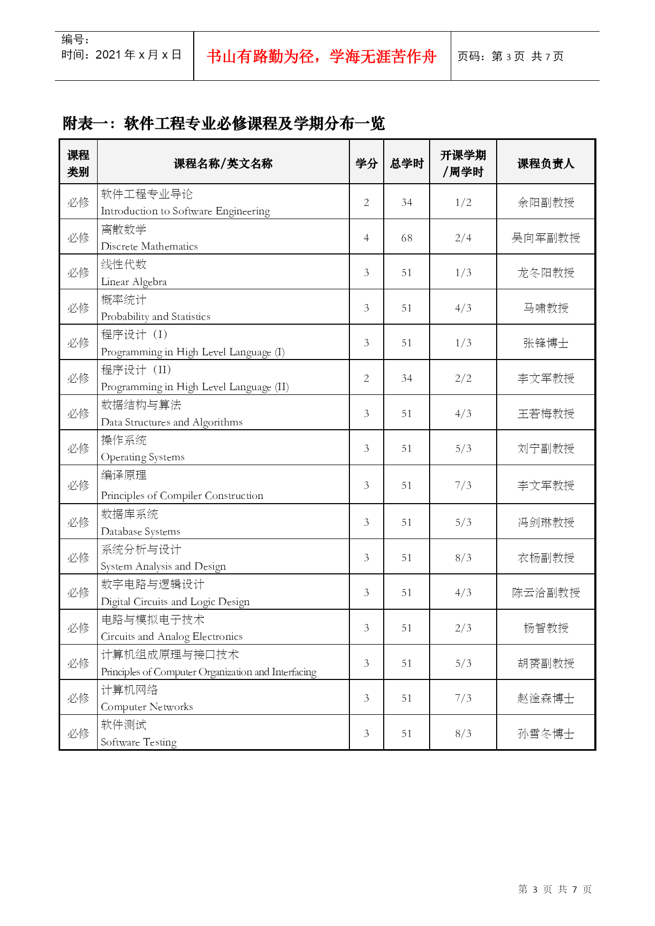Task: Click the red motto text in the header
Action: tap(321, 56)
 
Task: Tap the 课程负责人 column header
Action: tap(545, 164)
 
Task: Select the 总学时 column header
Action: tap(406, 164)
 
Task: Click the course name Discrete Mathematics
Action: tap(149, 246)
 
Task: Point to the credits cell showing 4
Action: tap(366, 238)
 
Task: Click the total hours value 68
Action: tap(406, 238)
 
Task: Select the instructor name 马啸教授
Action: tap(545, 308)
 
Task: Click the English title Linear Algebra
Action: tap(134, 281)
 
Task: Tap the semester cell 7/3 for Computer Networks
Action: tap(463, 698)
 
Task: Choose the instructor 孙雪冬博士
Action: tap(545, 733)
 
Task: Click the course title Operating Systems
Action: tap(143, 457)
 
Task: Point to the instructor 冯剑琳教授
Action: tap(545, 522)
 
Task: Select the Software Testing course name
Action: tap(139, 742)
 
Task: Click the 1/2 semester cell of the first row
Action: tap(463, 202)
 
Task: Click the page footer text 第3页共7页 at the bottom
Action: tap(555, 889)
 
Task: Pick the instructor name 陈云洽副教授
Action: tap(545, 592)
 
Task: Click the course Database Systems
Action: tap(140, 531)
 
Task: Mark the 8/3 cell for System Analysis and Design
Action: tap(463, 558)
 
